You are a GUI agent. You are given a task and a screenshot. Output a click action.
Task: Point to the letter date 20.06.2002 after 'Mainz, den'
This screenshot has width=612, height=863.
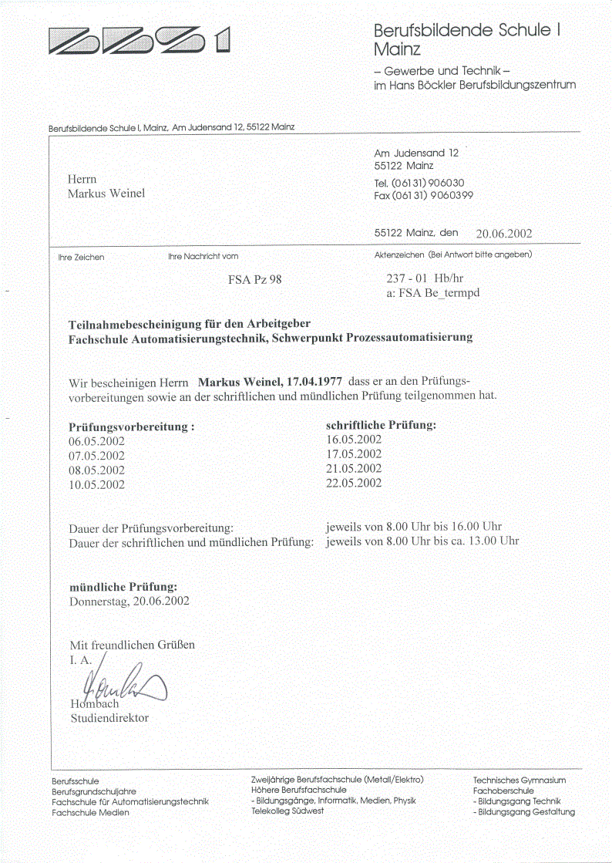pyautogui.click(x=503, y=234)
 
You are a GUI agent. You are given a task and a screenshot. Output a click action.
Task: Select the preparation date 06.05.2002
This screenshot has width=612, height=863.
pyautogui.click(x=97, y=441)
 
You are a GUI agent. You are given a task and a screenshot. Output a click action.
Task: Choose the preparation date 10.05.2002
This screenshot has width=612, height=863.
pyautogui.click(x=97, y=485)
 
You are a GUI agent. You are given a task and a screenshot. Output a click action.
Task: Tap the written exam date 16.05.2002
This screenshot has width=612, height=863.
pyautogui.click(x=355, y=440)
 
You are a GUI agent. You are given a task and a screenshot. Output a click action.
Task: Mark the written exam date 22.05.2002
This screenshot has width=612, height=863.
pyautogui.click(x=355, y=484)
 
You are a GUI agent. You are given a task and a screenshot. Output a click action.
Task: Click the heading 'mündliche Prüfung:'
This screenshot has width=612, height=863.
pyautogui.click(x=123, y=587)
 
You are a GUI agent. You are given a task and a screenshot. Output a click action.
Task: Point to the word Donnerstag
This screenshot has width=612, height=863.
pyautogui.click(x=99, y=601)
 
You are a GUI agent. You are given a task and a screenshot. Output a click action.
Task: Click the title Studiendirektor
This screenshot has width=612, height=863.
pyautogui.click(x=109, y=718)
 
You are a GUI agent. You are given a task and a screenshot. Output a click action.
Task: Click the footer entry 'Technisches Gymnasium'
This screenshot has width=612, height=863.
pyautogui.click(x=520, y=780)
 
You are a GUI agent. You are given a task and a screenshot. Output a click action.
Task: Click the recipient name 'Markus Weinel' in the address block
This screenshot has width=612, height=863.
pyautogui.click(x=106, y=193)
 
